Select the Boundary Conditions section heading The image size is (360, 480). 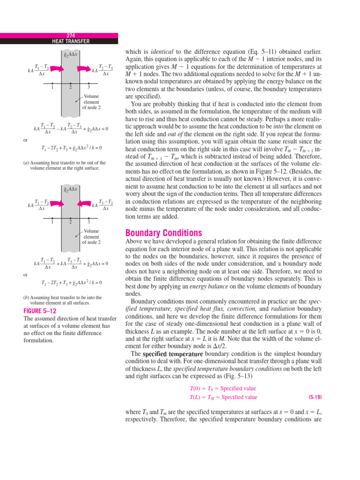[x=164, y=233]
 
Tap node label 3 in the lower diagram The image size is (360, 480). [x=89, y=222]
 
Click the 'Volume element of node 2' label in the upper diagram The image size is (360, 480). [x=91, y=101]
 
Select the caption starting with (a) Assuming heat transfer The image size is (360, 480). [x=64, y=165]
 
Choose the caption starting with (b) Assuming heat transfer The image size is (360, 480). [x=62, y=300]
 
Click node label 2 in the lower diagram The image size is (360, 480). [x=70, y=222]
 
